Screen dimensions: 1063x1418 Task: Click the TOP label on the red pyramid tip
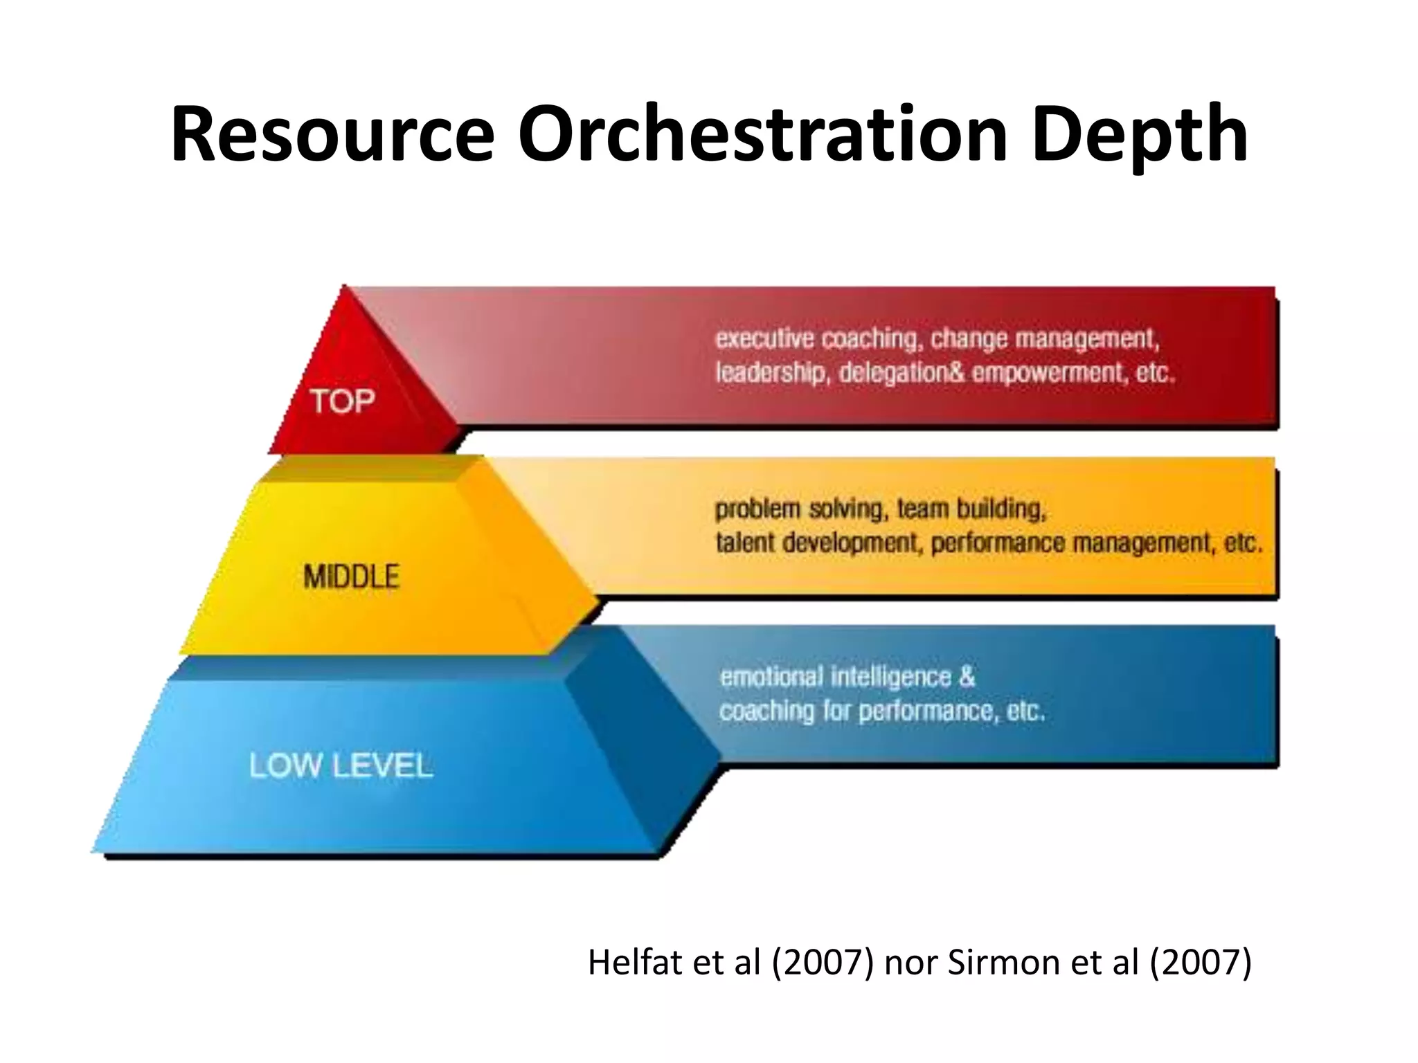[343, 401]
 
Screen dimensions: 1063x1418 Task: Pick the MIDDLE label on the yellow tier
[352, 576]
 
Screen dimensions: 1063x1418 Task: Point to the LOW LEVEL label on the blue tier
[341, 766]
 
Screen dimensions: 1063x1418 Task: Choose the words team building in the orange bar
[971, 510]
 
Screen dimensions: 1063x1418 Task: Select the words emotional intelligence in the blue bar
[836, 677]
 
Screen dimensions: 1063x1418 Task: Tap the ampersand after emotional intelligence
[967, 677]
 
